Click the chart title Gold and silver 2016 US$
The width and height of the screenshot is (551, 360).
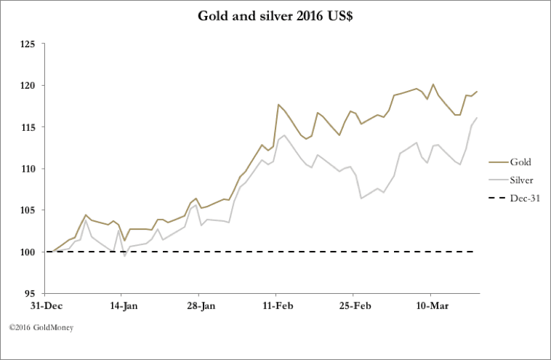tap(275, 15)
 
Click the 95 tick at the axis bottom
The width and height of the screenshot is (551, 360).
tap(31, 294)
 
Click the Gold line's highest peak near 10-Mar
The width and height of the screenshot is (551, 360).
tap(433, 84)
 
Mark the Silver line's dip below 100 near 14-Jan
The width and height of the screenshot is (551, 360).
tap(125, 256)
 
